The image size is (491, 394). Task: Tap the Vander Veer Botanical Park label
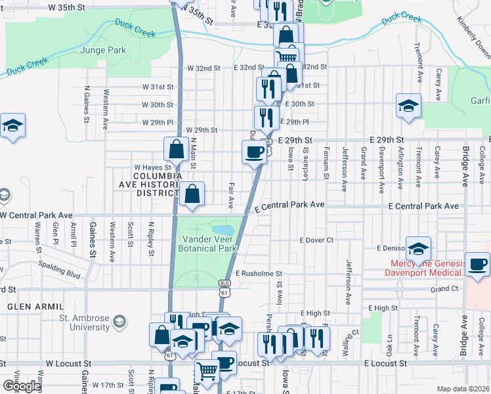(209, 244)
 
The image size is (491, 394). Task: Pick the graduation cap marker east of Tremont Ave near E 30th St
(408, 106)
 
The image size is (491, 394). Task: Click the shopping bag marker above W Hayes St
(177, 150)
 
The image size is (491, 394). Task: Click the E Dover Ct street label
(316, 240)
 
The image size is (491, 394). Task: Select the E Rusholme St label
(258, 273)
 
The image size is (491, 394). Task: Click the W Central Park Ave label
(36, 215)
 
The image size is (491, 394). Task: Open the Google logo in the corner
(22, 386)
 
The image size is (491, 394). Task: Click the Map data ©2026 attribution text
(462, 389)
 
